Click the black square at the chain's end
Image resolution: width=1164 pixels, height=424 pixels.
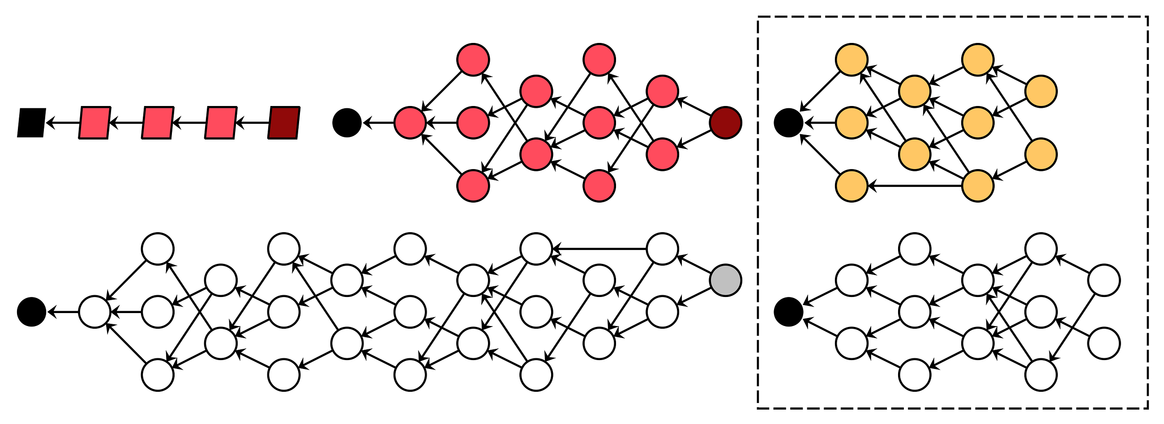32,123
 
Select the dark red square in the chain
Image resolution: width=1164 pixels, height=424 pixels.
284,123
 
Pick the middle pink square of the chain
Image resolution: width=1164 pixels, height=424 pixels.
158,123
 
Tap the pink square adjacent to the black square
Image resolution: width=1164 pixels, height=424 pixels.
94,123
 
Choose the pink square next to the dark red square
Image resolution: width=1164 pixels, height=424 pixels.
221,123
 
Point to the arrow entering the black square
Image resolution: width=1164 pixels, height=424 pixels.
63,123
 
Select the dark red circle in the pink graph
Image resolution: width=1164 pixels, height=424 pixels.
725,123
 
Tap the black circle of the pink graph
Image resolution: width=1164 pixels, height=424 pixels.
347,123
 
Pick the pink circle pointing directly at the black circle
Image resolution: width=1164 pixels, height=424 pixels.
410,123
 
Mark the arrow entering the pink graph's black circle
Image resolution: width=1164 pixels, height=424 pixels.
378,123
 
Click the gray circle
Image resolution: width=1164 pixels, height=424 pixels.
725,280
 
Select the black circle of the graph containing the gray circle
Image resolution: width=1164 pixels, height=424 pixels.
32,312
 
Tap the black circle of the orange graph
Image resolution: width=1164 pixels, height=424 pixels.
788,123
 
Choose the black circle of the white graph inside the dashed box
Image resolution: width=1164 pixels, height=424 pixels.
788,312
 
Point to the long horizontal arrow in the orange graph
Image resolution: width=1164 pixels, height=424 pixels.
915,186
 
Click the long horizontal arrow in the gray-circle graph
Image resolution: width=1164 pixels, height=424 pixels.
599,248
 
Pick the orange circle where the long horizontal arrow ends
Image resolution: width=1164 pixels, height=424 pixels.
852,186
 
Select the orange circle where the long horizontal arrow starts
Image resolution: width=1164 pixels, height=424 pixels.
978,186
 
